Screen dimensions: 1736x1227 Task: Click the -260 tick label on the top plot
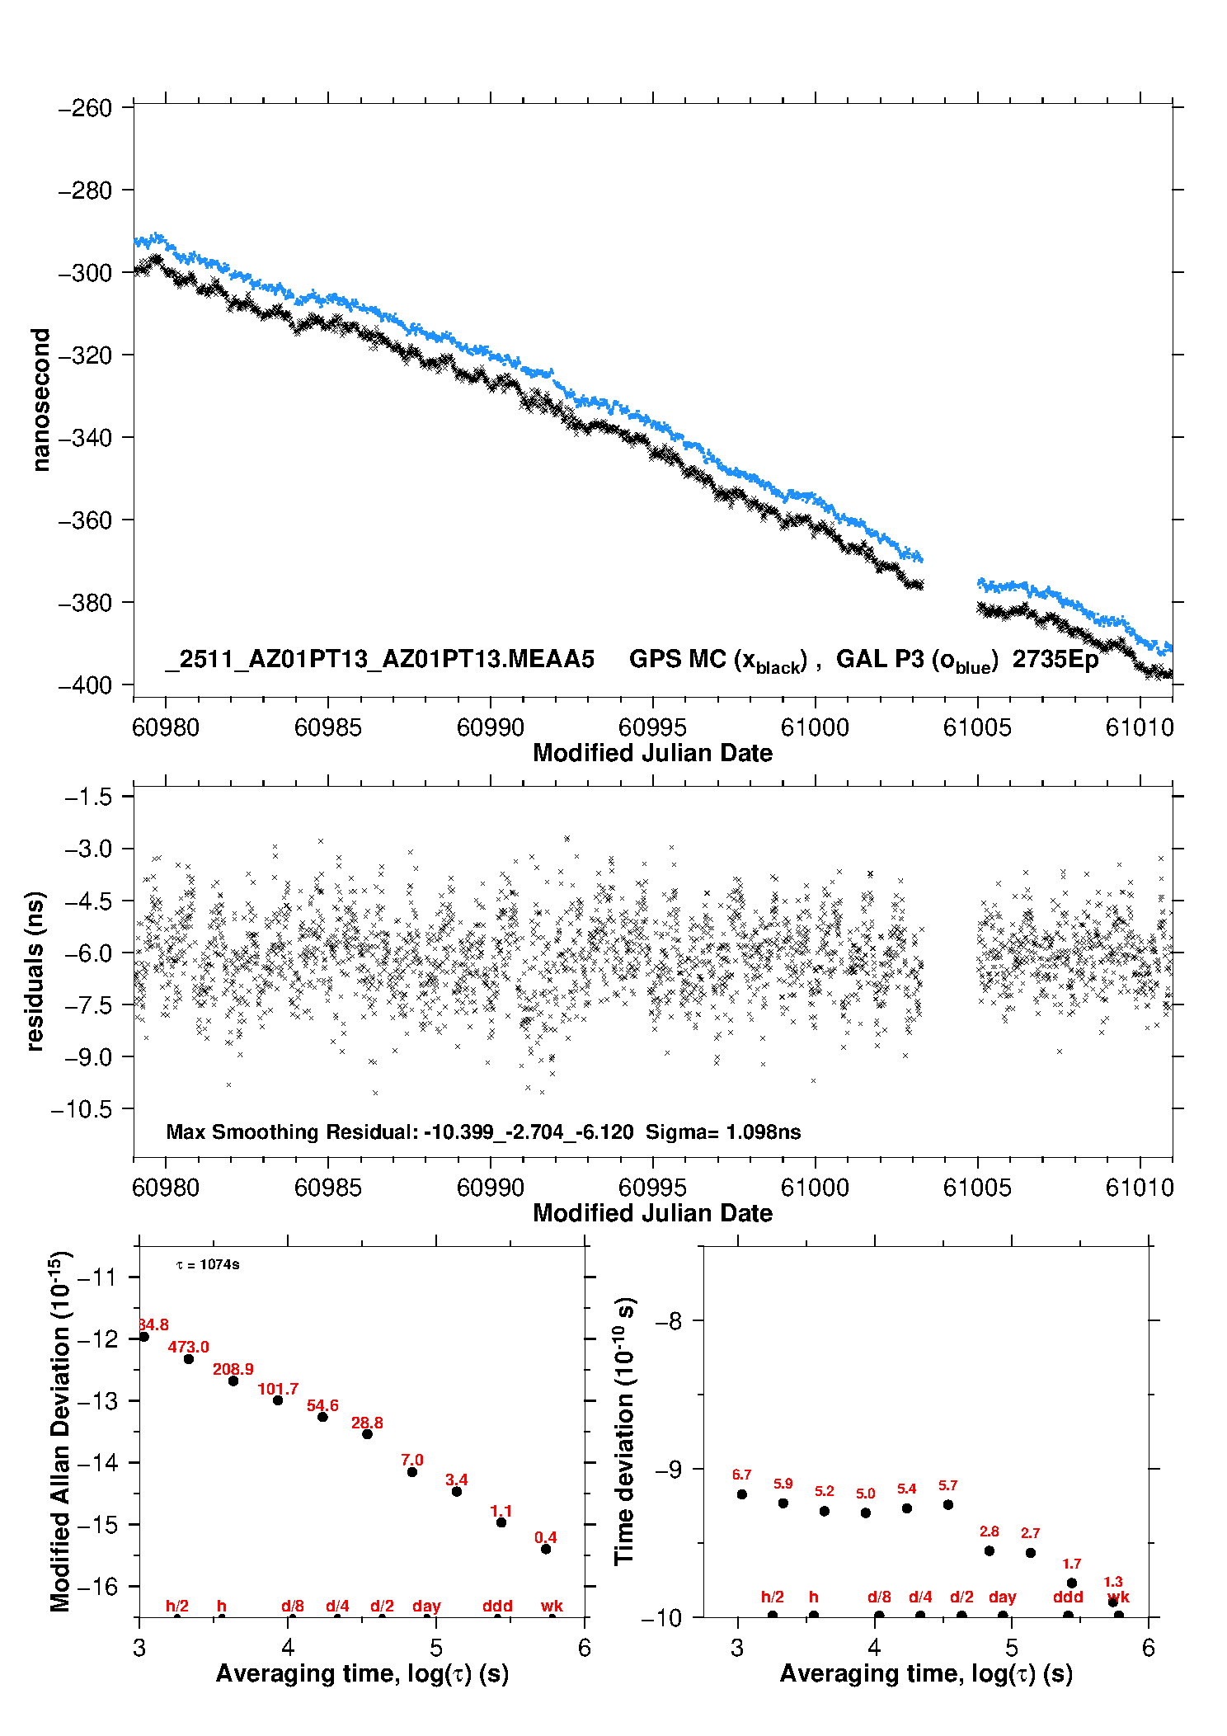click(x=85, y=108)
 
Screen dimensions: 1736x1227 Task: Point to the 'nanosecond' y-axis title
click(x=40, y=399)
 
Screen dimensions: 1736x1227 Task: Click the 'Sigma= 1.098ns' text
click(x=722, y=1132)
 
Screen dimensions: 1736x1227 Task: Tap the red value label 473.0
click(x=189, y=1347)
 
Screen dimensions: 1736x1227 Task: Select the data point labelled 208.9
click(x=233, y=1381)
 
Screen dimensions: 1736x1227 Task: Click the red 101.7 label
click(x=278, y=1390)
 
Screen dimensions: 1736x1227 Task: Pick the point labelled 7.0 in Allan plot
click(x=412, y=1472)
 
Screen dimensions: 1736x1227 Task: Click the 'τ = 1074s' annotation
click(x=208, y=1265)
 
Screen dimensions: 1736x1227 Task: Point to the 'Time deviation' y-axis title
click(x=624, y=1431)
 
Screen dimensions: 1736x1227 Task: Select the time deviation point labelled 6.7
click(x=742, y=1494)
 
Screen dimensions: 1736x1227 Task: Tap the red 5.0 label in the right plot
click(x=865, y=1494)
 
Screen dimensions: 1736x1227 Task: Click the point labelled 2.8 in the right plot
click(x=990, y=1550)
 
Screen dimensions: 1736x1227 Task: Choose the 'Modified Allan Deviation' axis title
click(x=60, y=1431)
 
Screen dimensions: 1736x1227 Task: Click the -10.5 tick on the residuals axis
click(x=81, y=1109)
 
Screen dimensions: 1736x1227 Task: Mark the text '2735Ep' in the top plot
click(x=1055, y=660)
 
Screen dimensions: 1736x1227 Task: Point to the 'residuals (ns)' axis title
click(x=35, y=971)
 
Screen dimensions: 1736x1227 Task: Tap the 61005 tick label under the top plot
click(x=977, y=727)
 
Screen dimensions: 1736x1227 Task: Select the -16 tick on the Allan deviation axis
click(x=96, y=1586)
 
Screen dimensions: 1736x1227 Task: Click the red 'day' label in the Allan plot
click(x=426, y=1606)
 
